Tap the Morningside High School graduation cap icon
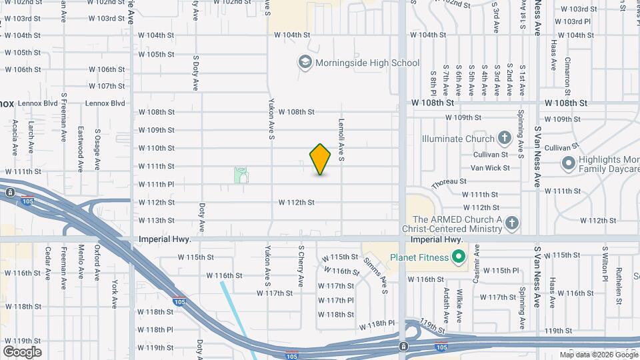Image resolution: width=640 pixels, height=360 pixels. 305,63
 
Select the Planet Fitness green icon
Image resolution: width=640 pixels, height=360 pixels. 458,257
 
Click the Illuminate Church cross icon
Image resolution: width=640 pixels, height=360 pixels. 505,139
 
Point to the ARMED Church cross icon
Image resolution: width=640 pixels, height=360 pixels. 512,223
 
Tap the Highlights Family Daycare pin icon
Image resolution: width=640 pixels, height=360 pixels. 568,163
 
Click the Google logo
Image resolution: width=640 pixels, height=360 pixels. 22,351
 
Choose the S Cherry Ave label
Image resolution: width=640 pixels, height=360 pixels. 301,265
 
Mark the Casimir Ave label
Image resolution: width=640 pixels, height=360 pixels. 477,263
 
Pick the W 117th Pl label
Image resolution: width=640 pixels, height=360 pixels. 336,300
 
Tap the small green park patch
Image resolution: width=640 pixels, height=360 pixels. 241,175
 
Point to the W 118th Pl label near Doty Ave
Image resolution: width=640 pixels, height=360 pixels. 156,329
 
